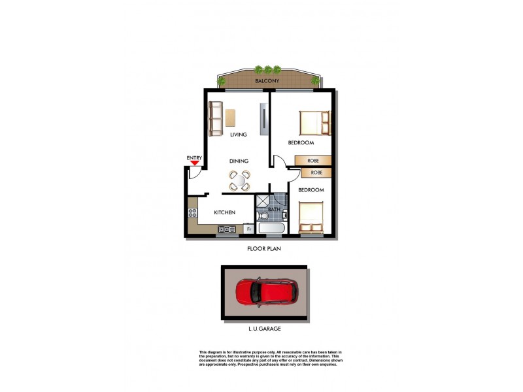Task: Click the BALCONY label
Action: click(x=267, y=81)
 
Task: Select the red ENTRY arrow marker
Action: click(x=194, y=164)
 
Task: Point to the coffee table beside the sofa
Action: click(x=231, y=117)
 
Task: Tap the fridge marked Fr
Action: click(x=248, y=229)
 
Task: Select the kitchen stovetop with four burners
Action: click(x=192, y=212)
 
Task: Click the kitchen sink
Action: click(x=228, y=229)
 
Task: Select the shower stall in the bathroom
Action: click(x=261, y=200)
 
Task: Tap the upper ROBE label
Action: click(x=313, y=160)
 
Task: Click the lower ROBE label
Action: click(x=316, y=172)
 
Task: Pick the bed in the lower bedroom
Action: click(x=312, y=217)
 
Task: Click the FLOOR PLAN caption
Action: click(x=264, y=248)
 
